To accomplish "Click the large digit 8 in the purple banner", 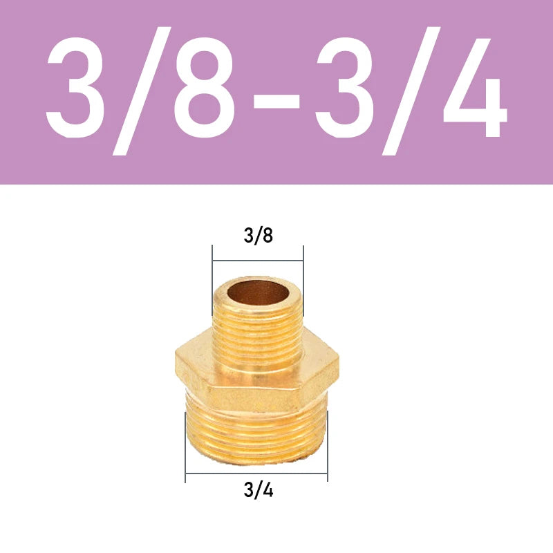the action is click(x=204, y=87).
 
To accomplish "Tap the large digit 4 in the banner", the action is click(x=475, y=88).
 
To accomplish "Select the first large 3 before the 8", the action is click(x=76, y=88).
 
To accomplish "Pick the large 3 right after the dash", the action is click(x=345, y=88).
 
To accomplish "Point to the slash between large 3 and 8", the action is click(x=142, y=91).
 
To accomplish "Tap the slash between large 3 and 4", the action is click(x=411, y=91).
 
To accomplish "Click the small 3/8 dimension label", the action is click(x=258, y=235).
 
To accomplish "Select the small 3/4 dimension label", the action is click(x=258, y=489).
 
